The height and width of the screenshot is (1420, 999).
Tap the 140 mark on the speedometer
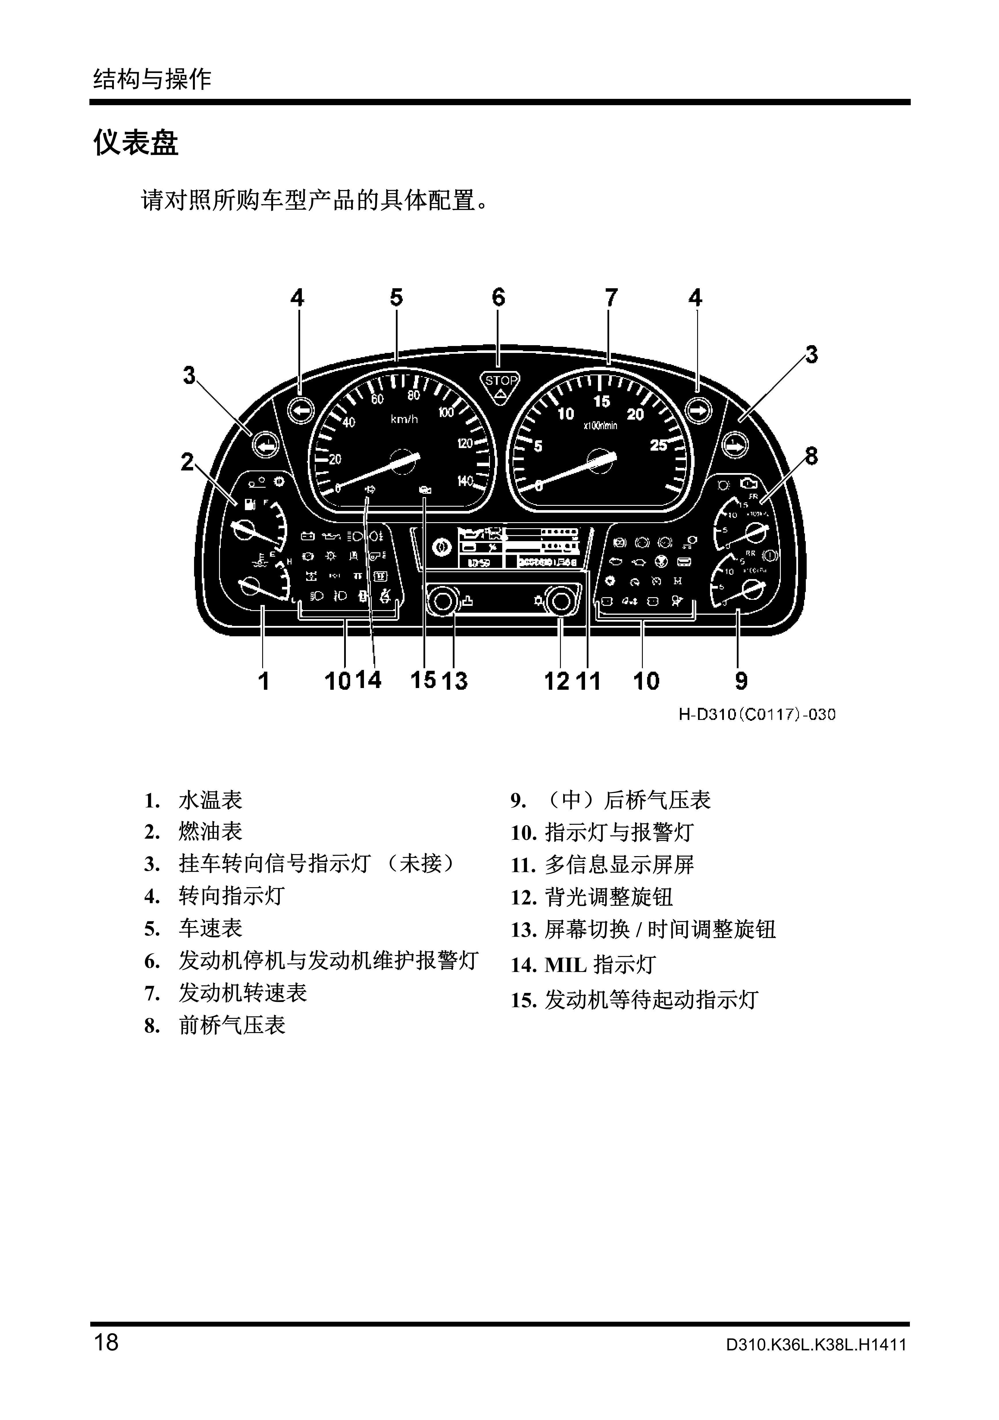click(x=465, y=481)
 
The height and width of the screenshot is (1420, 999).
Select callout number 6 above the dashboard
click(x=498, y=298)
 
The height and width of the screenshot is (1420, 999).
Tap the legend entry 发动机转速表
click(x=242, y=993)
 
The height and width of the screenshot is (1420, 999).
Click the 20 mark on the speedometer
click(x=335, y=459)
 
